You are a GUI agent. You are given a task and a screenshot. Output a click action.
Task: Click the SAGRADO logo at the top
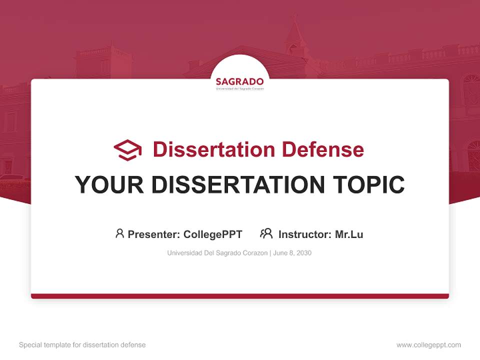239,81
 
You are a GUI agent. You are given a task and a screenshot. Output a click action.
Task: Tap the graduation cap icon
127,149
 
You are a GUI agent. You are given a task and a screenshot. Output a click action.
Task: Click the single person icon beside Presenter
119,233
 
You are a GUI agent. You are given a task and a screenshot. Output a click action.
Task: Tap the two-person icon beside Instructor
266,233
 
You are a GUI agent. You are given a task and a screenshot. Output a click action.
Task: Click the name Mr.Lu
349,234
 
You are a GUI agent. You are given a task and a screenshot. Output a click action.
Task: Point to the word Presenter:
154,234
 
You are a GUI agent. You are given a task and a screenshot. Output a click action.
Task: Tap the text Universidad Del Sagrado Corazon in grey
217,253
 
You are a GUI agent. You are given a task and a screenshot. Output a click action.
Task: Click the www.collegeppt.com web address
428,345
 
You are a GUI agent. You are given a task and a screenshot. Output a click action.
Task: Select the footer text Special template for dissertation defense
82,345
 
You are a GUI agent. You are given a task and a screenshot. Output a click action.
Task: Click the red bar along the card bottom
240,296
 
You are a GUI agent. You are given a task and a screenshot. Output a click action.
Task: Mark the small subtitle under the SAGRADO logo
239,88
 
